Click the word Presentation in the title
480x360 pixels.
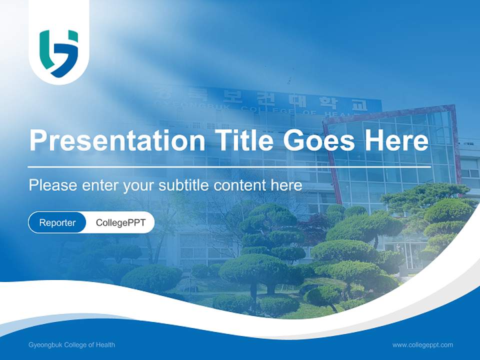pos(117,140)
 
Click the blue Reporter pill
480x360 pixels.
pos(57,222)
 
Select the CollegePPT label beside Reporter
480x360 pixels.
pos(120,222)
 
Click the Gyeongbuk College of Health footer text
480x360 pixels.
pos(72,344)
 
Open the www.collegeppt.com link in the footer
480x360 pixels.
pos(422,344)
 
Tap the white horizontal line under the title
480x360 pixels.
pos(229,166)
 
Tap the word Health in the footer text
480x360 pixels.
pos(106,344)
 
